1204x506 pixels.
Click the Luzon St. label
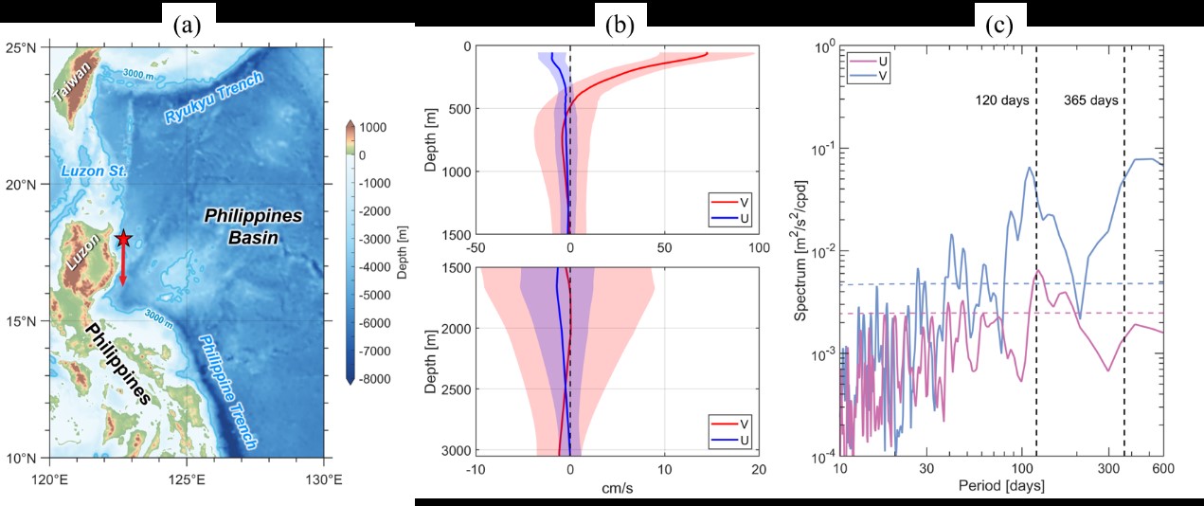(85, 171)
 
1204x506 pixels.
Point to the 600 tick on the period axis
(1162, 470)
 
